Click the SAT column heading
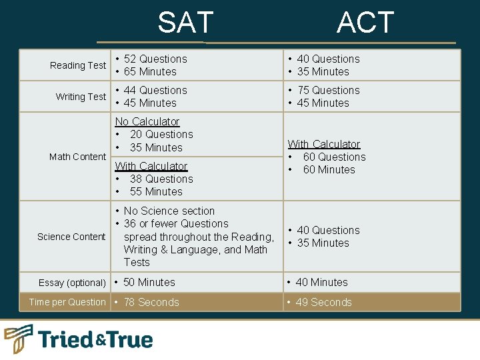click(x=185, y=23)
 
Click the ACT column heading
click(x=365, y=23)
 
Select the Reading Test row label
click(x=78, y=65)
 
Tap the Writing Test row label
click(x=81, y=97)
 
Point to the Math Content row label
click(x=77, y=157)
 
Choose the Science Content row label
click(x=71, y=237)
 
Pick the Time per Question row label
click(x=67, y=302)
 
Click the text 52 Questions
click(x=155, y=59)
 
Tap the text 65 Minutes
click(x=150, y=71)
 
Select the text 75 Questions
click(x=328, y=90)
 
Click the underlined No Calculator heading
click(x=147, y=121)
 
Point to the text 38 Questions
click(x=161, y=179)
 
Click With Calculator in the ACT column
click(x=323, y=144)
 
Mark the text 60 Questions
click(x=334, y=157)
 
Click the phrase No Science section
click(x=169, y=211)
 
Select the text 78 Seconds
click(x=151, y=302)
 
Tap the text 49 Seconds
click(x=323, y=302)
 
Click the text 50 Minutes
click(x=149, y=282)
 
